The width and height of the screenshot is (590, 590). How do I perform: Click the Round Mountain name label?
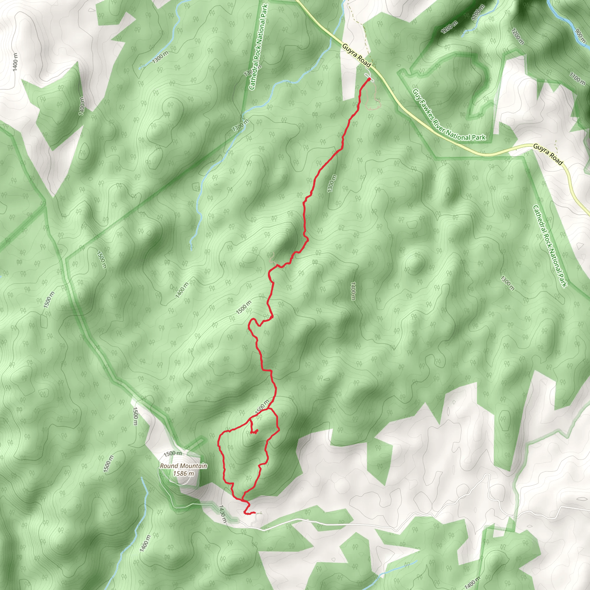184,466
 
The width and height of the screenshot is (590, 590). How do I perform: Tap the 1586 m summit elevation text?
183,474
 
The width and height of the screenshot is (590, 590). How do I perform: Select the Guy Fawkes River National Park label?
449,115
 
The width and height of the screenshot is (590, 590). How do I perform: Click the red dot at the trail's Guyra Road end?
369,80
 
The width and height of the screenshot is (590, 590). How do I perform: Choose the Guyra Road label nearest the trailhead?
356,55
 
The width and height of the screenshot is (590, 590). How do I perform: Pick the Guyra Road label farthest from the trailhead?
548,154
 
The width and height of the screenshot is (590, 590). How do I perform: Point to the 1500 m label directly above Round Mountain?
173,453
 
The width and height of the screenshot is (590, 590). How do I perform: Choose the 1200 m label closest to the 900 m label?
518,36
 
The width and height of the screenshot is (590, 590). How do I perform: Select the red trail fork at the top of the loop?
269,409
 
